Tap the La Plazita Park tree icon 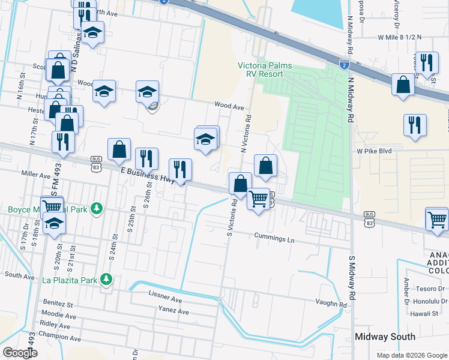tap(106, 279)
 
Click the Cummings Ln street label tap(274, 238)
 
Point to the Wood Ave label tap(230, 107)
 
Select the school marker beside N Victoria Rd tap(206, 140)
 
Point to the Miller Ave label tap(36, 175)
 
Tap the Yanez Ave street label tap(173, 312)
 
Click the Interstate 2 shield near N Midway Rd tap(343, 63)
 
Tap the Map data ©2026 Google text tap(411, 355)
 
